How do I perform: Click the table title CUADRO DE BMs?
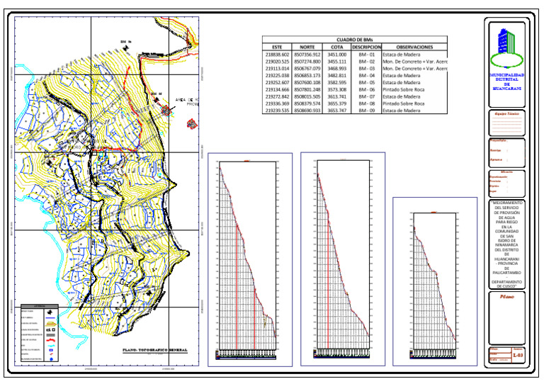pos(355,40)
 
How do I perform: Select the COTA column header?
pos(337,47)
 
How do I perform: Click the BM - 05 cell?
pos(366,82)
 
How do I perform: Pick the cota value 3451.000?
pos(337,54)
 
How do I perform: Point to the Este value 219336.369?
pos(277,103)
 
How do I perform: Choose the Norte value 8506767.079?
pos(307,68)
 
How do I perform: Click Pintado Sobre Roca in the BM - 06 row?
pos(404,89)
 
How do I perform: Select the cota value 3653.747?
pos(337,111)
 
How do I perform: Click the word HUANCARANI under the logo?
pos(506,89)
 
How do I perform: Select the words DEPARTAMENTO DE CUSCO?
pos(506,283)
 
